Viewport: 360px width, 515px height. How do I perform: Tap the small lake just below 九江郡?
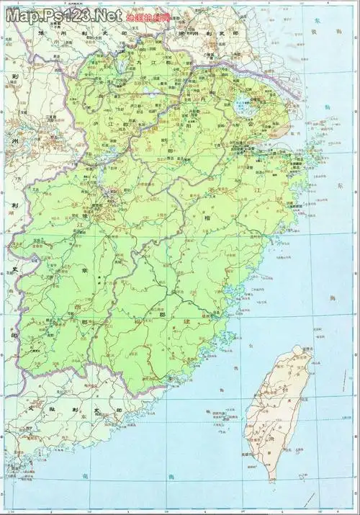(149, 91)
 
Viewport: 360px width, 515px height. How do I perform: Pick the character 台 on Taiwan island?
(288, 389)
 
